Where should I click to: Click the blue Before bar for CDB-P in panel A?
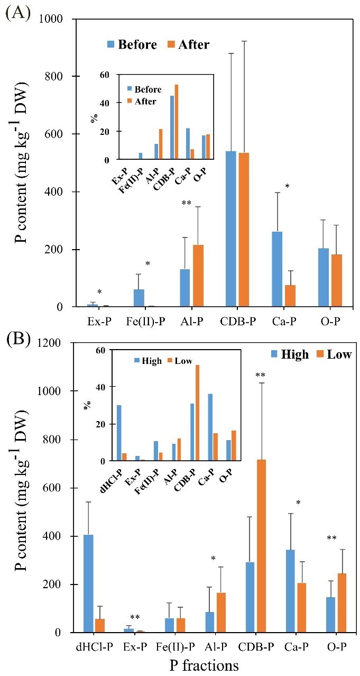231,229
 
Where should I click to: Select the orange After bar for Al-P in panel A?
198,276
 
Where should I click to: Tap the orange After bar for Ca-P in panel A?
290,296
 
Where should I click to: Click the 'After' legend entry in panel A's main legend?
188,44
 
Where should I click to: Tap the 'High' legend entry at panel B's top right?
290,354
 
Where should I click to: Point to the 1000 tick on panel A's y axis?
51,19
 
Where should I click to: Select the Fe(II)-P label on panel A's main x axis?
145,322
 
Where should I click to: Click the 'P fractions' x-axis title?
204,665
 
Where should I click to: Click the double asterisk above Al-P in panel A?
186,203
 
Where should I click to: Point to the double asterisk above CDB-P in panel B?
260,375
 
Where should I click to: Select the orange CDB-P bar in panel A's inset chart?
177,122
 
